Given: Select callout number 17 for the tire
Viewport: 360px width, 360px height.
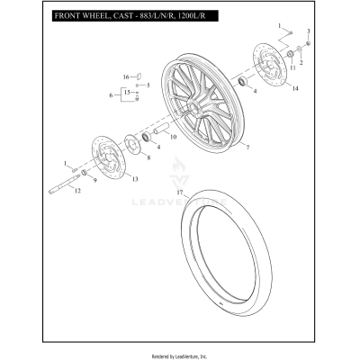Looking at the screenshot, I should pos(180,192).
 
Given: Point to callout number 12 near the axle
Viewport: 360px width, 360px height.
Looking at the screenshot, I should pos(76,191).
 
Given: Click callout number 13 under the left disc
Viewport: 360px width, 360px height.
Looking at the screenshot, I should pos(136,180).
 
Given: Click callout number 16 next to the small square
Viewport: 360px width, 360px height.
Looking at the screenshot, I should pos(126,76).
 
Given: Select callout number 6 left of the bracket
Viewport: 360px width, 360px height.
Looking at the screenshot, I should pos(112,94).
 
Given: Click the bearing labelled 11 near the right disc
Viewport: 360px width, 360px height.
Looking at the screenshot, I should pos(292,56).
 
